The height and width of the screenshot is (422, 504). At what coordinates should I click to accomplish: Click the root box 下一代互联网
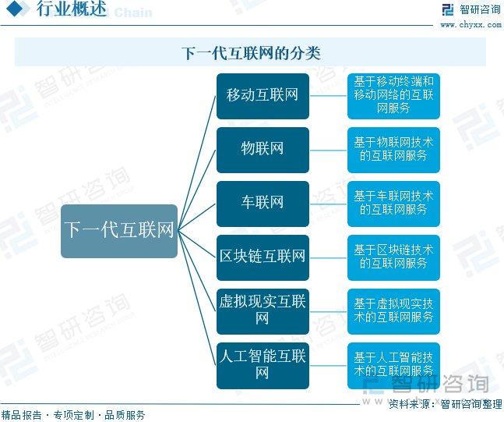[119, 231]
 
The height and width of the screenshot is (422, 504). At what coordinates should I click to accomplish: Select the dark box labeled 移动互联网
[263, 96]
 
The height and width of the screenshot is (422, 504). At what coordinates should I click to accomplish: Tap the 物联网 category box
[263, 150]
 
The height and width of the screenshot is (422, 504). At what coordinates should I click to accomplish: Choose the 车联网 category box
[263, 204]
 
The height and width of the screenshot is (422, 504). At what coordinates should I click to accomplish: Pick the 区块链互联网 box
[263, 257]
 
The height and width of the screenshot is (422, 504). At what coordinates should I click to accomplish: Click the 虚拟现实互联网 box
[263, 311]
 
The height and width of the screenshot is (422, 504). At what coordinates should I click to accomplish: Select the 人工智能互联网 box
[263, 365]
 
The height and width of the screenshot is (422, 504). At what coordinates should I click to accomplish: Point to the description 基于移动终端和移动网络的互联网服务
[393, 96]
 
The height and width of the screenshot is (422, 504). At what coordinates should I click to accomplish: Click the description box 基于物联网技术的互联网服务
[393, 150]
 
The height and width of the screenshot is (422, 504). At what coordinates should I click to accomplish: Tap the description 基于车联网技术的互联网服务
[393, 204]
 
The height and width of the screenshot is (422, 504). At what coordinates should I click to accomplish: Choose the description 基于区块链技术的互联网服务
[393, 257]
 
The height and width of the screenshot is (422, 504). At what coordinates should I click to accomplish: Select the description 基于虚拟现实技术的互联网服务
[393, 311]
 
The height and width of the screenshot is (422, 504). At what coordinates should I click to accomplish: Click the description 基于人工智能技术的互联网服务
[393, 365]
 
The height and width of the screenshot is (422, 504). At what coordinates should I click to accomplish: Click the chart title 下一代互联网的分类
[251, 53]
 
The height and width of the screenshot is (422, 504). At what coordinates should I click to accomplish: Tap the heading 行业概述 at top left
[72, 9]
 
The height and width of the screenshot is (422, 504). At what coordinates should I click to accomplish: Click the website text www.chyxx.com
[471, 25]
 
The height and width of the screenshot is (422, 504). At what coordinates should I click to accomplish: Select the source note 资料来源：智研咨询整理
[445, 403]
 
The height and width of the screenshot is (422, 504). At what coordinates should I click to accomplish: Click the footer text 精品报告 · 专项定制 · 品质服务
[73, 415]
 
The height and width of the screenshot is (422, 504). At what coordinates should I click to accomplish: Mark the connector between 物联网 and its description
[328, 151]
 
